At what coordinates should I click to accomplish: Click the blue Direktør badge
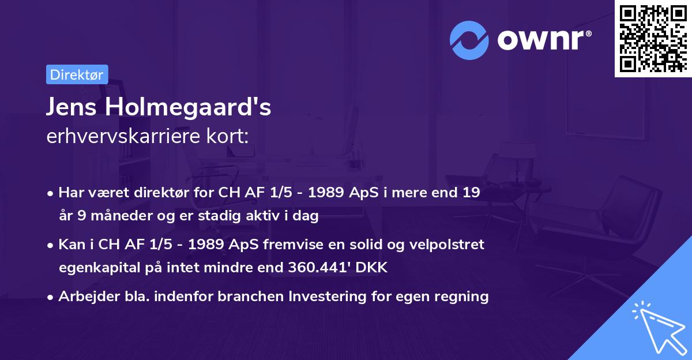click(x=77, y=74)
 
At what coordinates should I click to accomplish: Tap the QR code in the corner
click(x=652, y=38)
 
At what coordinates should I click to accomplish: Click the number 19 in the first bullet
click(x=471, y=193)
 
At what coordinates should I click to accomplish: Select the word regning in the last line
click(x=466, y=297)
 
